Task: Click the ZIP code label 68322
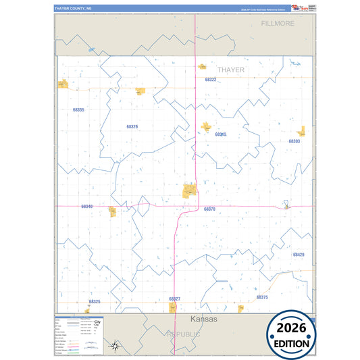211,80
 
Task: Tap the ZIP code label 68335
78,109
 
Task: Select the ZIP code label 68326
132,126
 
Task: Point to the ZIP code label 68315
220,134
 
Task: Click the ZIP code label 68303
294,141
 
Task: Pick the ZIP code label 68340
86,206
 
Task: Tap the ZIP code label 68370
209,209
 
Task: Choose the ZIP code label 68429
299,255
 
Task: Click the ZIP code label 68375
262,297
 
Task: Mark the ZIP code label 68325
94,301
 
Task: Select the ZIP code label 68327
174,298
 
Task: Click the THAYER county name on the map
231,70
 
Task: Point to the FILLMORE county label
278,23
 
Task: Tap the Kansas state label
204,319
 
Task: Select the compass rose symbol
115,346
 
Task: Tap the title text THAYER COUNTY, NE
74,9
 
